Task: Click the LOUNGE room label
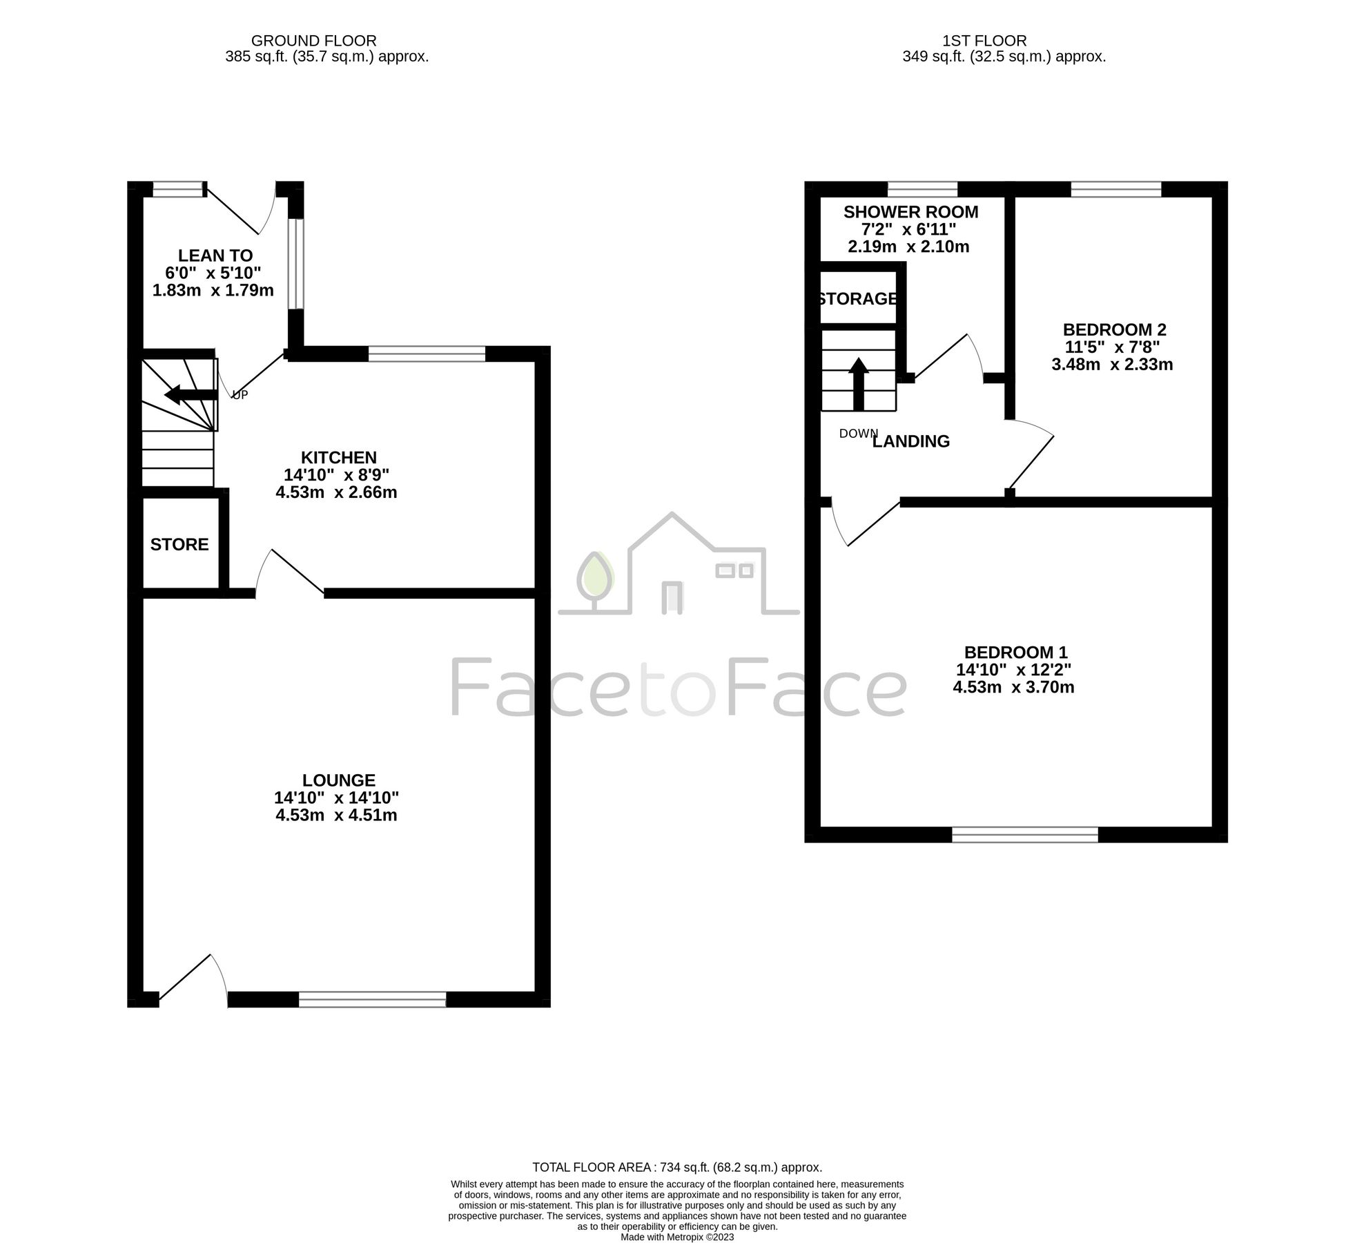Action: click(338, 780)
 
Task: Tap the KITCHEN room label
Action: click(338, 457)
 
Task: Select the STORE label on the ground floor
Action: click(179, 544)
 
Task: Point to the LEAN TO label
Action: click(215, 256)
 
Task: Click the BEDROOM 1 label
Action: click(1015, 652)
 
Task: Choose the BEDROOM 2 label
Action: click(1114, 329)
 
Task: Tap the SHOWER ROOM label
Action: click(910, 211)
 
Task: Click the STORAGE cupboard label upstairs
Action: click(858, 299)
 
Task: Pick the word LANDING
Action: click(911, 441)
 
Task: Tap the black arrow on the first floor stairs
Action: click(858, 384)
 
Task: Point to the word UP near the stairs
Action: click(240, 395)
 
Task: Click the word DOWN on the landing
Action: click(858, 434)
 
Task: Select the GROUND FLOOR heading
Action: click(313, 41)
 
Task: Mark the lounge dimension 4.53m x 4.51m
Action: click(336, 816)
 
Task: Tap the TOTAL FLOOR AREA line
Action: click(676, 1167)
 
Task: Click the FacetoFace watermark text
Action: click(677, 687)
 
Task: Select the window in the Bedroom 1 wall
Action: click(1024, 834)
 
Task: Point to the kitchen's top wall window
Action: click(427, 354)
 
